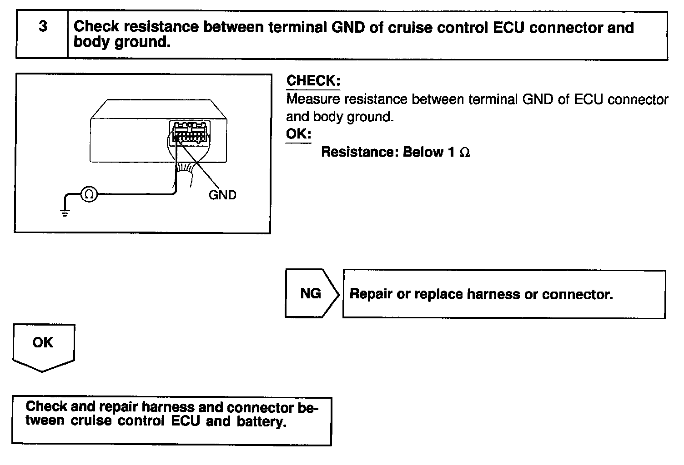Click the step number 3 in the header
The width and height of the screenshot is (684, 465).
42,27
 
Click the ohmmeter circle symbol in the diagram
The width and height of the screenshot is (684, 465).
89,195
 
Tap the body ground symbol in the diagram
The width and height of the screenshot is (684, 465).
65,212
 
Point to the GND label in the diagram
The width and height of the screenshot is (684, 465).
222,195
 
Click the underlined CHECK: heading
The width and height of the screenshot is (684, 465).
313,81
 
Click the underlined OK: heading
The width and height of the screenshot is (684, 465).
298,134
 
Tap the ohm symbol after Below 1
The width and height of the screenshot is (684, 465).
464,153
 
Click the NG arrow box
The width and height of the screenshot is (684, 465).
312,293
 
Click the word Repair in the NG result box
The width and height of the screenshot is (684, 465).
371,294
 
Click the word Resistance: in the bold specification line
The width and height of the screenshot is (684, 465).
360,152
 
